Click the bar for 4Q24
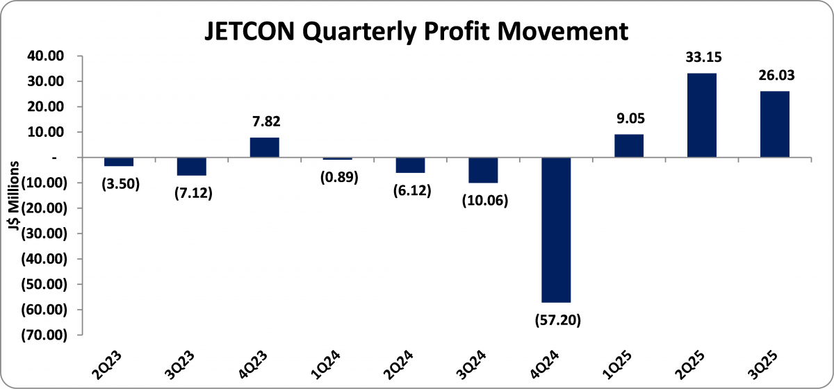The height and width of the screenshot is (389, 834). pyautogui.click(x=555, y=230)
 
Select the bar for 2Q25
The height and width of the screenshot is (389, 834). pyautogui.click(x=701, y=115)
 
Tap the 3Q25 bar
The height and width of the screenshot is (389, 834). pyautogui.click(x=774, y=124)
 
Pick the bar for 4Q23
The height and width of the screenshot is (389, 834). pyautogui.click(x=264, y=147)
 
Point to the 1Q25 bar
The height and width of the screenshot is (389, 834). pyautogui.click(x=628, y=146)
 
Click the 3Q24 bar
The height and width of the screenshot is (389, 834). pyautogui.click(x=483, y=170)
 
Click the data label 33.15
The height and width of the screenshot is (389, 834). pyautogui.click(x=701, y=58)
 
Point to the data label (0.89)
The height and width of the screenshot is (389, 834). pyautogui.click(x=337, y=177)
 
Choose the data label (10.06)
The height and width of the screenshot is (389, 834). pyautogui.click(x=483, y=201)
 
